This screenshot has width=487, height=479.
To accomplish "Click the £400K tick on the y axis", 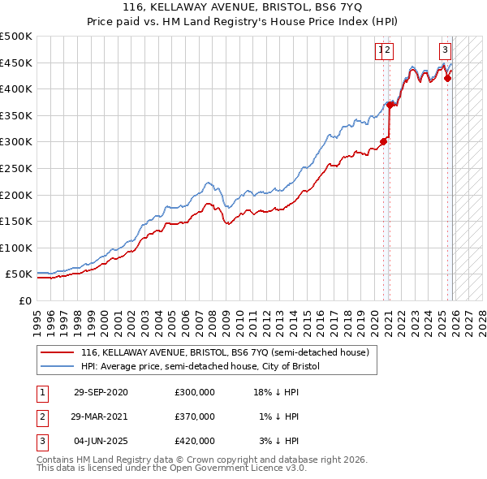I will [x=16, y=89].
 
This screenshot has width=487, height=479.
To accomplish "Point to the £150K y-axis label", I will [x=16, y=221].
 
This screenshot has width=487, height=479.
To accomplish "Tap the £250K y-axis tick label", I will [x=16, y=168].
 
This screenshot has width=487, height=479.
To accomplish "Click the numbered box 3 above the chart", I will [x=446, y=50].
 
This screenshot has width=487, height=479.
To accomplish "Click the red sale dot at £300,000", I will [x=384, y=141].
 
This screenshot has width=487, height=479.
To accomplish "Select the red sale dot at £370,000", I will [x=390, y=104].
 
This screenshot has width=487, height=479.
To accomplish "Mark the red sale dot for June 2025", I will [x=447, y=78].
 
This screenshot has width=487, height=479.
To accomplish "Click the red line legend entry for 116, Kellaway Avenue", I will [x=225, y=352].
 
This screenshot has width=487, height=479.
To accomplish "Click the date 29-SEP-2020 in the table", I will [x=101, y=392].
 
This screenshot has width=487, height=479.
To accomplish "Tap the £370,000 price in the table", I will [x=195, y=416].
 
